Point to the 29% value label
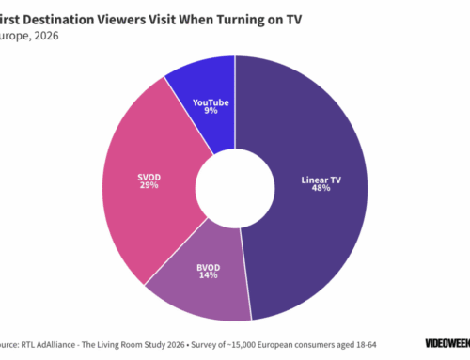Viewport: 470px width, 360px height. pos(149,185)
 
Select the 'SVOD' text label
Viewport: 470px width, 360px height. pos(149,175)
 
